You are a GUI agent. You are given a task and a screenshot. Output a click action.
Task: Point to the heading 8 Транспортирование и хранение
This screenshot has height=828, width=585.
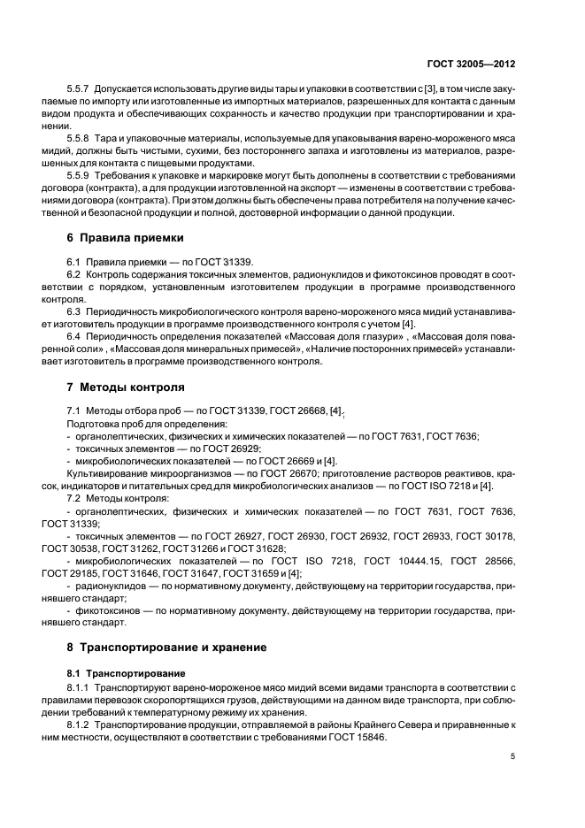(166, 648)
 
